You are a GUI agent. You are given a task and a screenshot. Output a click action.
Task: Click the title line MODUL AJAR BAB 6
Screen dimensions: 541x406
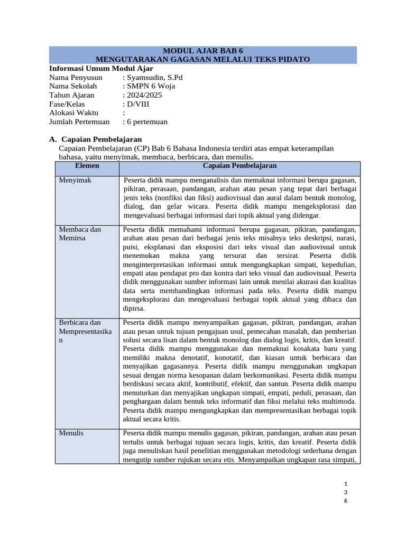[203, 51]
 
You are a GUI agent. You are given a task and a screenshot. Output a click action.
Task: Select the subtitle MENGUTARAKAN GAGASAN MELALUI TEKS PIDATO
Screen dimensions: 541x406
[203, 59]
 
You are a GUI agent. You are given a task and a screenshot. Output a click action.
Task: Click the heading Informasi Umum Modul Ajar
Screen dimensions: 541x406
[101, 68]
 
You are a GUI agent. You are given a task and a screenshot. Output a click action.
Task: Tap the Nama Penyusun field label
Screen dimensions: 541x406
[76, 77]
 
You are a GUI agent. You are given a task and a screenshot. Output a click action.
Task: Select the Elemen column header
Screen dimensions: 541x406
[87, 166]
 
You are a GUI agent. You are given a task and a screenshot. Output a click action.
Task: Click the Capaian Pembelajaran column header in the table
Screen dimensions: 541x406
[240, 166]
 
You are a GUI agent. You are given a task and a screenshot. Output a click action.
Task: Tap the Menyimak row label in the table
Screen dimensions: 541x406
[75, 180]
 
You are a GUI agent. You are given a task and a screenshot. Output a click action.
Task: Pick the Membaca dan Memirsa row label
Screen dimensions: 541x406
[80, 234]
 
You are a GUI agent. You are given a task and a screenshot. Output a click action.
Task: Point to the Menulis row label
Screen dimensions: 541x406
[71, 433]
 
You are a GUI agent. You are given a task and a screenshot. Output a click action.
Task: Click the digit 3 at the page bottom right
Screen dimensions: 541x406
[345, 492]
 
